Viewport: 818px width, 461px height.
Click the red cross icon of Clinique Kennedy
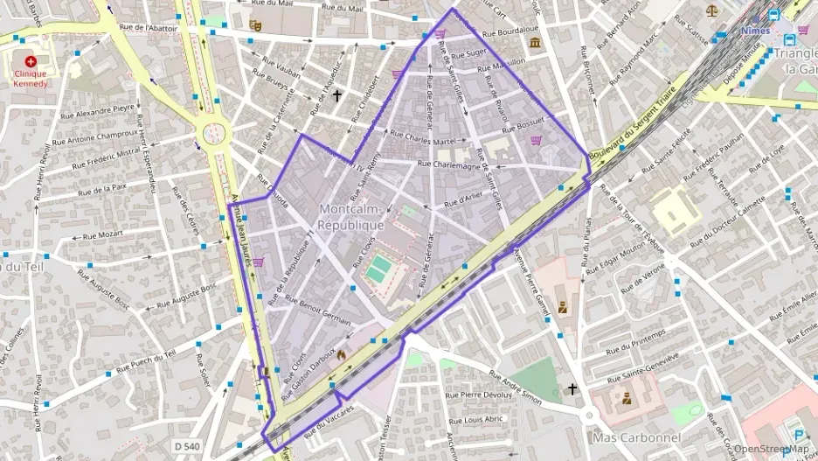(x=31, y=61)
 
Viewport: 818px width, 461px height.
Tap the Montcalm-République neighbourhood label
(x=351, y=216)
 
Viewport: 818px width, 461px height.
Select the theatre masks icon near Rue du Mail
(x=255, y=25)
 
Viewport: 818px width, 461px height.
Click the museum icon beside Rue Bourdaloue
(x=535, y=42)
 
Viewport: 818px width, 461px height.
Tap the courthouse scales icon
(x=711, y=10)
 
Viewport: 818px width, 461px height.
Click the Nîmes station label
(x=756, y=31)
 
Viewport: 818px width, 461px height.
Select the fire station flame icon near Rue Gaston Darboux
(x=341, y=355)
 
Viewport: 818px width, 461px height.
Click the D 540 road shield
(x=186, y=446)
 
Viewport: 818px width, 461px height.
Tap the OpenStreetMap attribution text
(x=770, y=450)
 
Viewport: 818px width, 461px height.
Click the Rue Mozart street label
(x=102, y=235)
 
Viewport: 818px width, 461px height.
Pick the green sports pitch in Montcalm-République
(x=378, y=269)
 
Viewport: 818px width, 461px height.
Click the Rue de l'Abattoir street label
(x=148, y=28)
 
